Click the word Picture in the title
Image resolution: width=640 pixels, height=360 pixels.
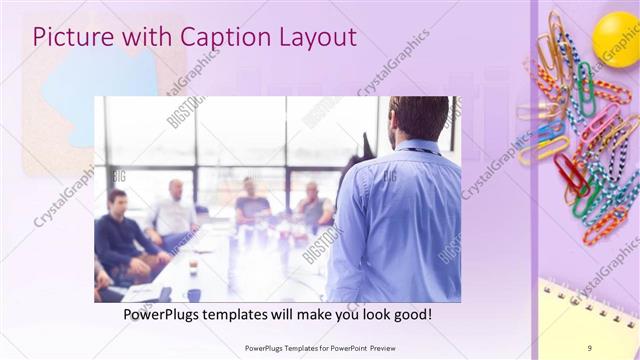point(69,38)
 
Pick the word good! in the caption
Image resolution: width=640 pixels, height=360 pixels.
point(412,314)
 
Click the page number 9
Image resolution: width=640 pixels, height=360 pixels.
point(589,347)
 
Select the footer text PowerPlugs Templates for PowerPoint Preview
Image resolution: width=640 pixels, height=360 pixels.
point(319,347)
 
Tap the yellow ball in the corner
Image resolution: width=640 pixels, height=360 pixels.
point(615,38)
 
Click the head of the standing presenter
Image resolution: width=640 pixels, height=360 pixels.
point(420,118)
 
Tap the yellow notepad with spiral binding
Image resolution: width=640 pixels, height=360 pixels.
point(590,320)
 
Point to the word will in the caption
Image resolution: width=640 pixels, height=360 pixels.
point(281,314)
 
